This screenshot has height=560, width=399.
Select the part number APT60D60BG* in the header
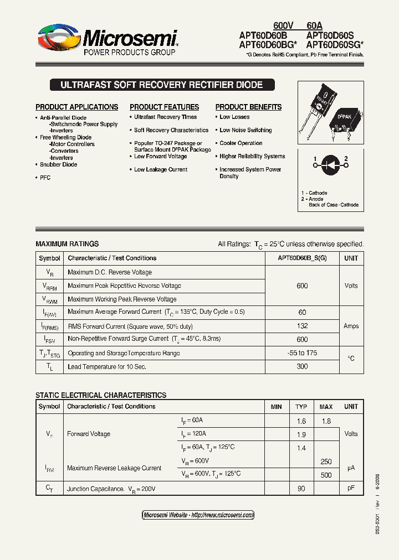(x=268, y=45)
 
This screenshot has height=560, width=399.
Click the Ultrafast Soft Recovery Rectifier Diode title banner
(x=161, y=85)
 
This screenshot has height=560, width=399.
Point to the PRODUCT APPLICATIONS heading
(x=76, y=107)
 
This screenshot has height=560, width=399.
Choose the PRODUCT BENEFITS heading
(x=248, y=107)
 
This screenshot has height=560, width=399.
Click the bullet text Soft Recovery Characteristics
(x=171, y=131)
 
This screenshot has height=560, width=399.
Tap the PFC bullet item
(x=45, y=178)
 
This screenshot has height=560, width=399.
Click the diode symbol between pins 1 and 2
(x=331, y=164)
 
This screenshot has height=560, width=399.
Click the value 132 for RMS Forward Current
(x=302, y=326)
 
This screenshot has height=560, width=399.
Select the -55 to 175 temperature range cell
(x=302, y=353)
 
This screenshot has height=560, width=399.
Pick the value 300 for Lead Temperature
(x=302, y=366)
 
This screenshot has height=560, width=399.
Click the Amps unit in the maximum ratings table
(x=351, y=326)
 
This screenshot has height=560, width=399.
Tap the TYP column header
(x=301, y=407)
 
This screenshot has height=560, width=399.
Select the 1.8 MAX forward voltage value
(x=326, y=421)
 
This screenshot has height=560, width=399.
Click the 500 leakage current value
(x=326, y=475)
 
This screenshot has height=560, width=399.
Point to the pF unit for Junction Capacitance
(x=351, y=488)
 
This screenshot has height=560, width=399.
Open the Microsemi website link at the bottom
(x=198, y=515)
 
